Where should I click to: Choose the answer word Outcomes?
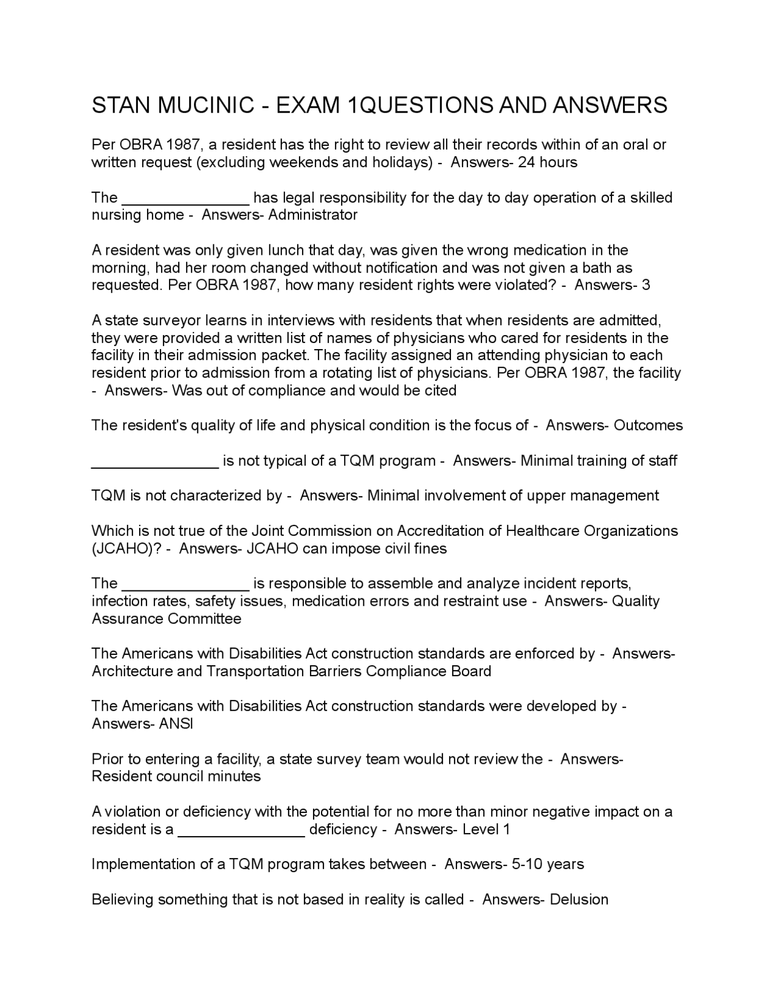649,425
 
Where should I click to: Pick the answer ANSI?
176,724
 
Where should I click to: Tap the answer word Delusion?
579,899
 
